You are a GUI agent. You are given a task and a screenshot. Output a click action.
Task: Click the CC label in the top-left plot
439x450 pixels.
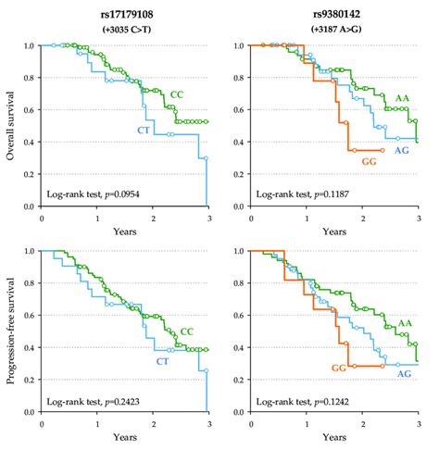178,94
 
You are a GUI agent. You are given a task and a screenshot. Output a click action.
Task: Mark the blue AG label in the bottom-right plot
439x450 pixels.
405,373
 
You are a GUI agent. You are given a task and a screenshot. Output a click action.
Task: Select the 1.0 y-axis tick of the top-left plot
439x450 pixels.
31,45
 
